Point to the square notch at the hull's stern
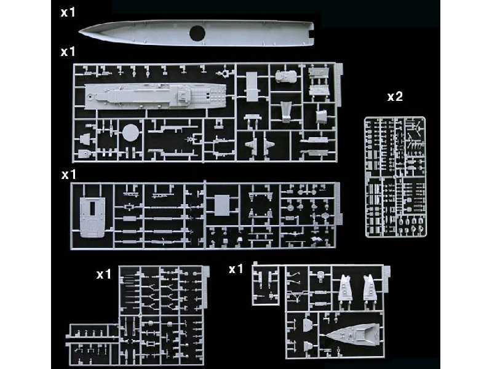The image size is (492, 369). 311,28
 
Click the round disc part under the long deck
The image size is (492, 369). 129,133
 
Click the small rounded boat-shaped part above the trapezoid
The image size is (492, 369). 284,77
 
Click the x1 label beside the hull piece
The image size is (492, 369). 67,12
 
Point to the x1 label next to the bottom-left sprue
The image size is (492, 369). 103,274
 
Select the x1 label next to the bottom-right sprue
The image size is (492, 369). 236,269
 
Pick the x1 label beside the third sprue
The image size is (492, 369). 68,175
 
